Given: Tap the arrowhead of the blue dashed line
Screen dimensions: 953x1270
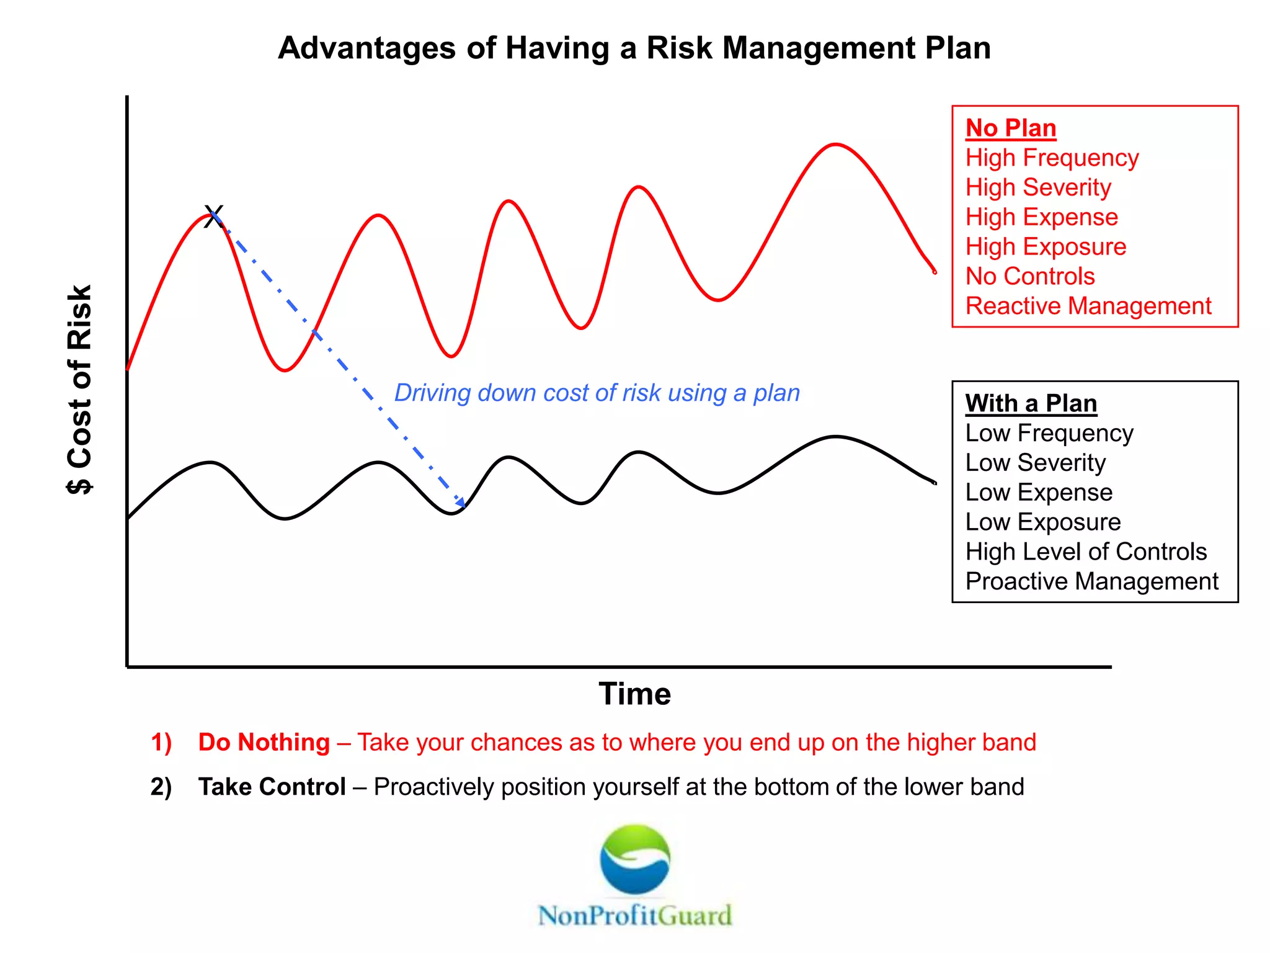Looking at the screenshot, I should pyautogui.click(x=461, y=502).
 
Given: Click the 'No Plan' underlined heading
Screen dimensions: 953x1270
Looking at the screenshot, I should pyautogui.click(x=1011, y=128).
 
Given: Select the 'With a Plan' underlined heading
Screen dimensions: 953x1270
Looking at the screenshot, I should pyautogui.click(x=1031, y=403).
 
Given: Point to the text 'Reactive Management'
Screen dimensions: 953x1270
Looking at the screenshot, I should pyautogui.click(x=1088, y=306).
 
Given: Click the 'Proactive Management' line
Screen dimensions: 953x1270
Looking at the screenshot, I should pyautogui.click(x=1091, y=581).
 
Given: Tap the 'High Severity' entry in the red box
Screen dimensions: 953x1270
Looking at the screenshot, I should pyautogui.click(x=1038, y=187).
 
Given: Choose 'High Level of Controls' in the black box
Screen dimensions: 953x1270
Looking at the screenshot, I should pyautogui.click(x=1086, y=552).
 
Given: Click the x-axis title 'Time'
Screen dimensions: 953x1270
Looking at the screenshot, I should pyautogui.click(x=634, y=694).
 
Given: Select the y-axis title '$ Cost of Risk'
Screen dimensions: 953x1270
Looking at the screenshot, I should pyautogui.click(x=80, y=389).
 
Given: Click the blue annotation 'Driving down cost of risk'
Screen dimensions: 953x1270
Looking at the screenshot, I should pyautogui.click(x=597, y=393).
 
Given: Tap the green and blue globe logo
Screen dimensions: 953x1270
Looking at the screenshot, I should pyautogui.click(x=634, y=859).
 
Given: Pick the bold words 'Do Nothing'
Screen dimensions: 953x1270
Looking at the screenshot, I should pyautogui.click(x=264, y=742).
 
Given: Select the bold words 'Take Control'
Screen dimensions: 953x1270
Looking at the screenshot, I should pyautogui.click(x=272, y=787).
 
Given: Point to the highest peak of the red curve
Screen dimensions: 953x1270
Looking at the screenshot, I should pyautogui.click(x=835, y=145).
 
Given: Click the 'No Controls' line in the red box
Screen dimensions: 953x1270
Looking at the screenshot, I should pyautogui.click(x=1030, y=276).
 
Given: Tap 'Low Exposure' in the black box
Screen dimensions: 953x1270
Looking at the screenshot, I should pyautogui.click(x=1042, y=522).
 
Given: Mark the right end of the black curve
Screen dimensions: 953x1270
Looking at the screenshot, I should pyautogui.click(x=935, y=482).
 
